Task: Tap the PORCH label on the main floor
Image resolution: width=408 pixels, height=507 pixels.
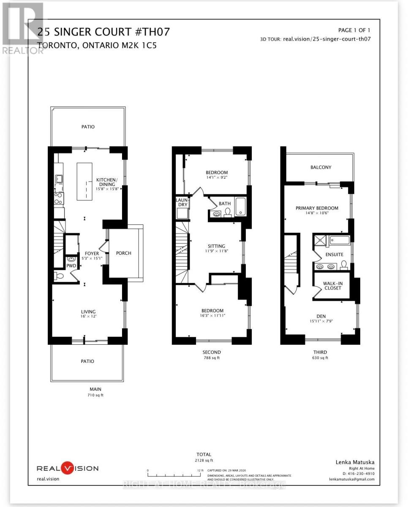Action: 123,253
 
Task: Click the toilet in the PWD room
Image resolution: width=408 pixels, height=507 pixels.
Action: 60,276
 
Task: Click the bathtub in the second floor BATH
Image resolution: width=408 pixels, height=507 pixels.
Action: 241,207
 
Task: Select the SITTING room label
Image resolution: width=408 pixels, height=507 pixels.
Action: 216,246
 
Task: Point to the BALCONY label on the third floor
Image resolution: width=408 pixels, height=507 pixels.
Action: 321,167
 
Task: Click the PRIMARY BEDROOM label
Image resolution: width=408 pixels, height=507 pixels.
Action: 317,208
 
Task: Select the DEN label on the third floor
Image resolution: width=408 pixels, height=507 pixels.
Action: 320,316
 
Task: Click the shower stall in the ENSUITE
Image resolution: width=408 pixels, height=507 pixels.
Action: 320,241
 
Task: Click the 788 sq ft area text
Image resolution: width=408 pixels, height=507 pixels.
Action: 212,358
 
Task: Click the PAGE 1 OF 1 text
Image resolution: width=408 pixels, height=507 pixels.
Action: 354,30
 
